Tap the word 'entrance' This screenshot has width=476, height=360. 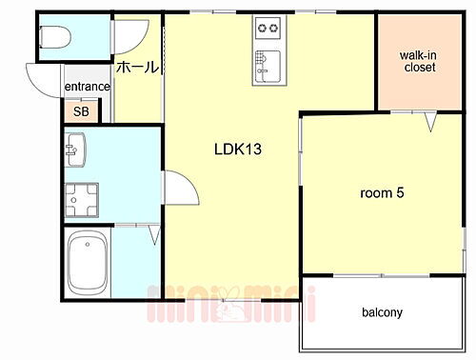coord(88,88)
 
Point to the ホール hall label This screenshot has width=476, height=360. coord(137,69)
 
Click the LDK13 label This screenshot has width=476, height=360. coord(237,150)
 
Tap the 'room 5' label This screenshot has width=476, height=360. coord(382,192)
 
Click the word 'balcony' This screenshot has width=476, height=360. coord(382,312)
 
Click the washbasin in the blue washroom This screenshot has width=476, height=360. coord(77,150)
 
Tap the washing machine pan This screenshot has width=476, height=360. coord(78,198)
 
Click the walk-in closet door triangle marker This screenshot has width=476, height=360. coord(430,122)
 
